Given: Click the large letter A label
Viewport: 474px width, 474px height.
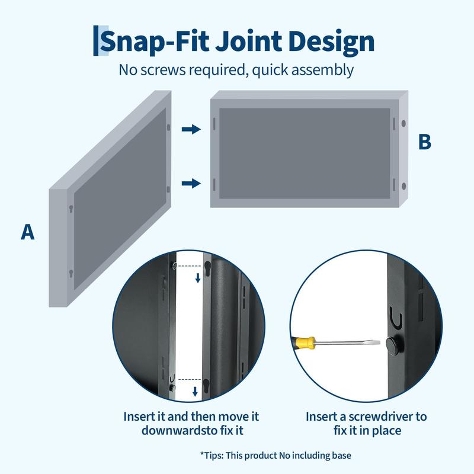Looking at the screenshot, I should coord(28,232).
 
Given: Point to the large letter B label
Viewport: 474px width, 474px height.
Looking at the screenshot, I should coord(424,142).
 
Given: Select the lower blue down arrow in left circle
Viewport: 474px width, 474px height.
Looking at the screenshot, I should coord(194,391).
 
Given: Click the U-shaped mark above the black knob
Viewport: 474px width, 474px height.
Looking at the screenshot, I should coord(397,321).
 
